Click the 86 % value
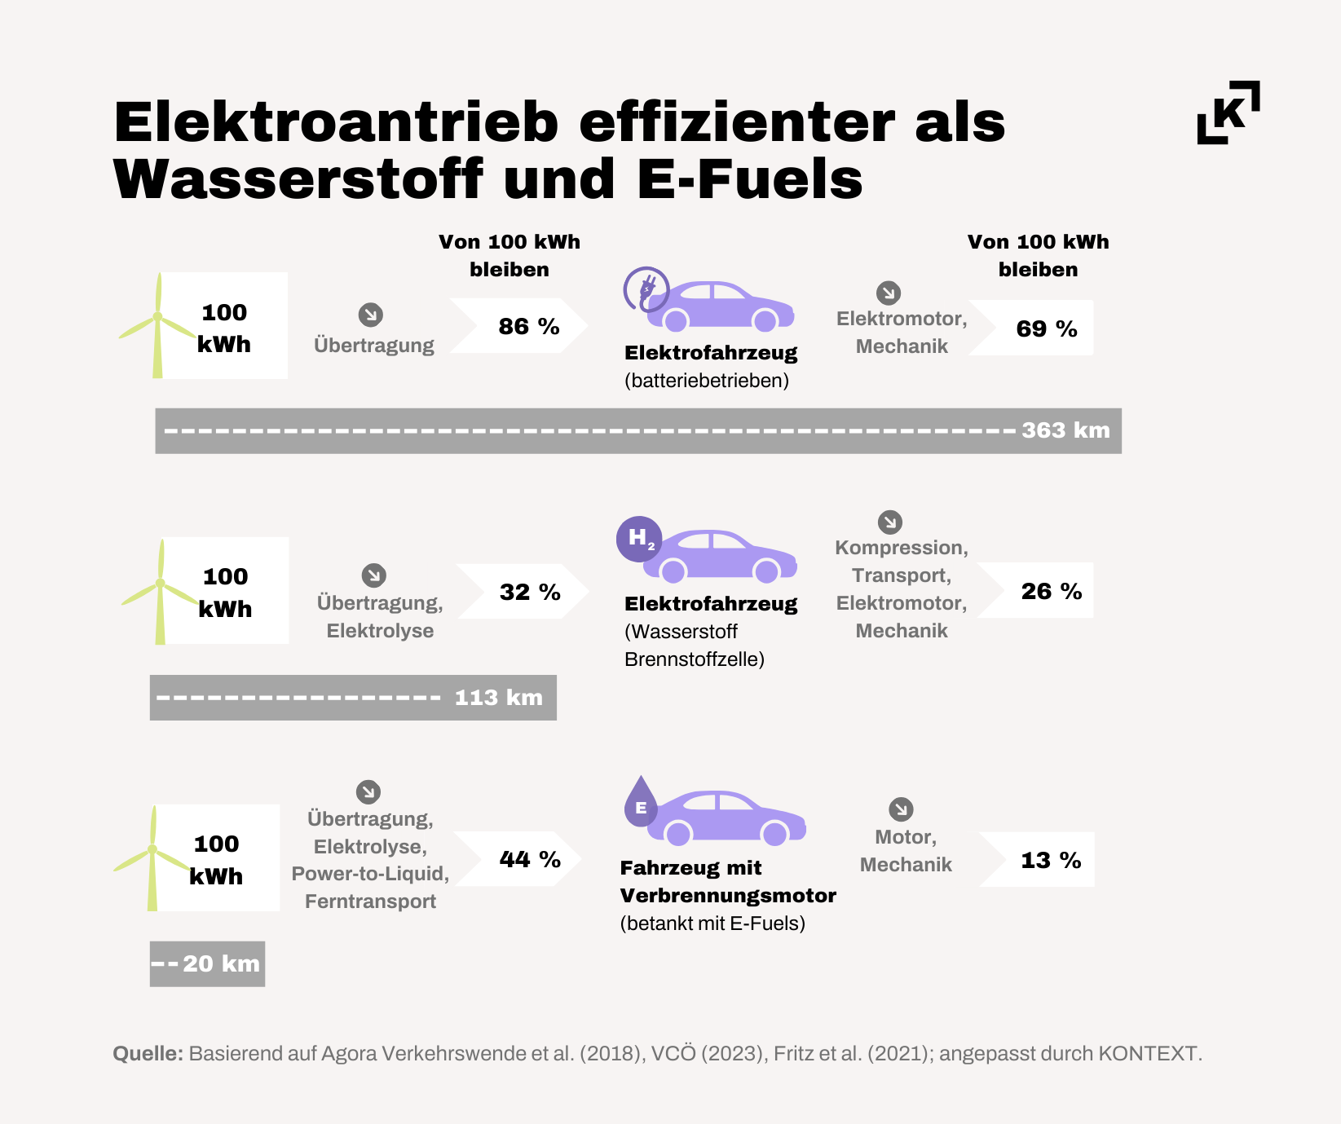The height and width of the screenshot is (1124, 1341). coord(529,327)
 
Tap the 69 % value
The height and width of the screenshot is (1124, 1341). coord(1047,328)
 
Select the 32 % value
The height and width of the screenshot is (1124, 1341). coord(530,592)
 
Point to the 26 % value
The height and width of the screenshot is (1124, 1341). coord(1052,591)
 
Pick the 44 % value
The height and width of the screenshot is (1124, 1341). coord(530,859)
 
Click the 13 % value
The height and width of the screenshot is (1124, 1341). coord(1051,860)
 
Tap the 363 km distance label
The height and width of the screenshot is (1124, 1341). coord(1066,430)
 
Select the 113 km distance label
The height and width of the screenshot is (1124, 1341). coord(499,698)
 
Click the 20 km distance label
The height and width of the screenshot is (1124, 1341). coord(221,963)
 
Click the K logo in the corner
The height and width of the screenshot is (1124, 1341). coord(1229,112)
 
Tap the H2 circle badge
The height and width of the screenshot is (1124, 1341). coord(639,539)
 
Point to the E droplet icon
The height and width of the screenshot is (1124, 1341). coord(641,802)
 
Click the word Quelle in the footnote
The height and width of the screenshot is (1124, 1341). coord(148,1054)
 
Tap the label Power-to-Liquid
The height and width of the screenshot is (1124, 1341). coord(371,874)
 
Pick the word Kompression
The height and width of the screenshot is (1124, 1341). coord(902,548)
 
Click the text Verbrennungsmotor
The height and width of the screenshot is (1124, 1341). coord(728,896)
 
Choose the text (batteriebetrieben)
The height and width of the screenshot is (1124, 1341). coord(707,381)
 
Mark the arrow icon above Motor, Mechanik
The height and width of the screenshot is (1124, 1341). coord(901,809)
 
